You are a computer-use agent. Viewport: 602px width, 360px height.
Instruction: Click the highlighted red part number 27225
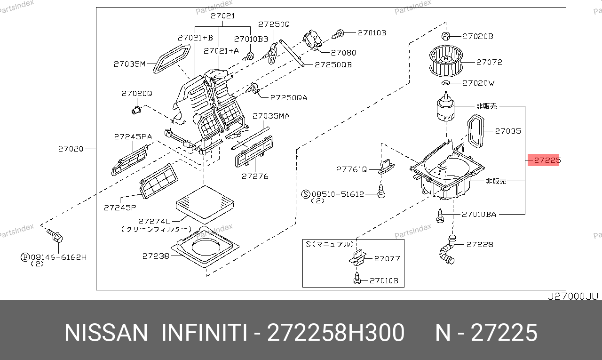coord(543,160)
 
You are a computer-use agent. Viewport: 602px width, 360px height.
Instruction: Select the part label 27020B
coord(477,36)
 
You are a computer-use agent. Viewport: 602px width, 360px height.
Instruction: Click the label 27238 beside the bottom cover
coord(155,256)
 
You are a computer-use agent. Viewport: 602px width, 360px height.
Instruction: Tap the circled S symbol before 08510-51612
coord(306,194)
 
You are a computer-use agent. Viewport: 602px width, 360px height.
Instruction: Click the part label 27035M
coord(130,64)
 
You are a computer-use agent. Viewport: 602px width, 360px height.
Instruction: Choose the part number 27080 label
coord(343,53)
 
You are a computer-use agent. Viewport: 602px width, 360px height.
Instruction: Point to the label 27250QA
coord(288,97)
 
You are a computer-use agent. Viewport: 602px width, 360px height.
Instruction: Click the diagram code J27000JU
coord(573,296)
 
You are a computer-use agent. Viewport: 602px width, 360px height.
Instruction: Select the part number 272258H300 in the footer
coord(335,333)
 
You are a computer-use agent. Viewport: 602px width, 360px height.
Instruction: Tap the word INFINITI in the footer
coord(205,333)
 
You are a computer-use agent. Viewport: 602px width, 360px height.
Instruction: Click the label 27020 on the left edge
coord(71,149)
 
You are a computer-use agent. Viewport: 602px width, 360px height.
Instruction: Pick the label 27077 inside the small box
coord(387,258)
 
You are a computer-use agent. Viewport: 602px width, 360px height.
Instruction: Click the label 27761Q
coord(351,169)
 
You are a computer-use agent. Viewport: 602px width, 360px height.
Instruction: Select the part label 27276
coord(255,176)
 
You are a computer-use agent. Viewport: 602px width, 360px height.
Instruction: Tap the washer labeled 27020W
coord(446,83)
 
